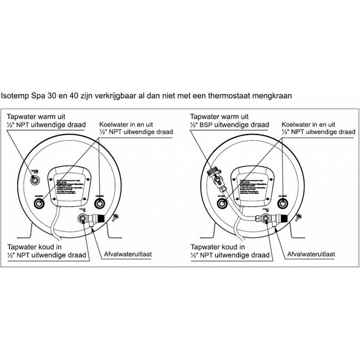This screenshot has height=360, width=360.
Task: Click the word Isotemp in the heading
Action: tap(18, 95)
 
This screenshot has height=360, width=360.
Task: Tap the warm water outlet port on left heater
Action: tap(36, 179)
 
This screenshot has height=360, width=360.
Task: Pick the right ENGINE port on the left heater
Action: tap(100, 203)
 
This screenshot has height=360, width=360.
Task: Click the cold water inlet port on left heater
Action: tap(83, 219)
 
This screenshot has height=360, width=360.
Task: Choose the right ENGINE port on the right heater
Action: tap(281, 203)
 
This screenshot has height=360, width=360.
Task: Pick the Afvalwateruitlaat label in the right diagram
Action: tap(311, 256)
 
